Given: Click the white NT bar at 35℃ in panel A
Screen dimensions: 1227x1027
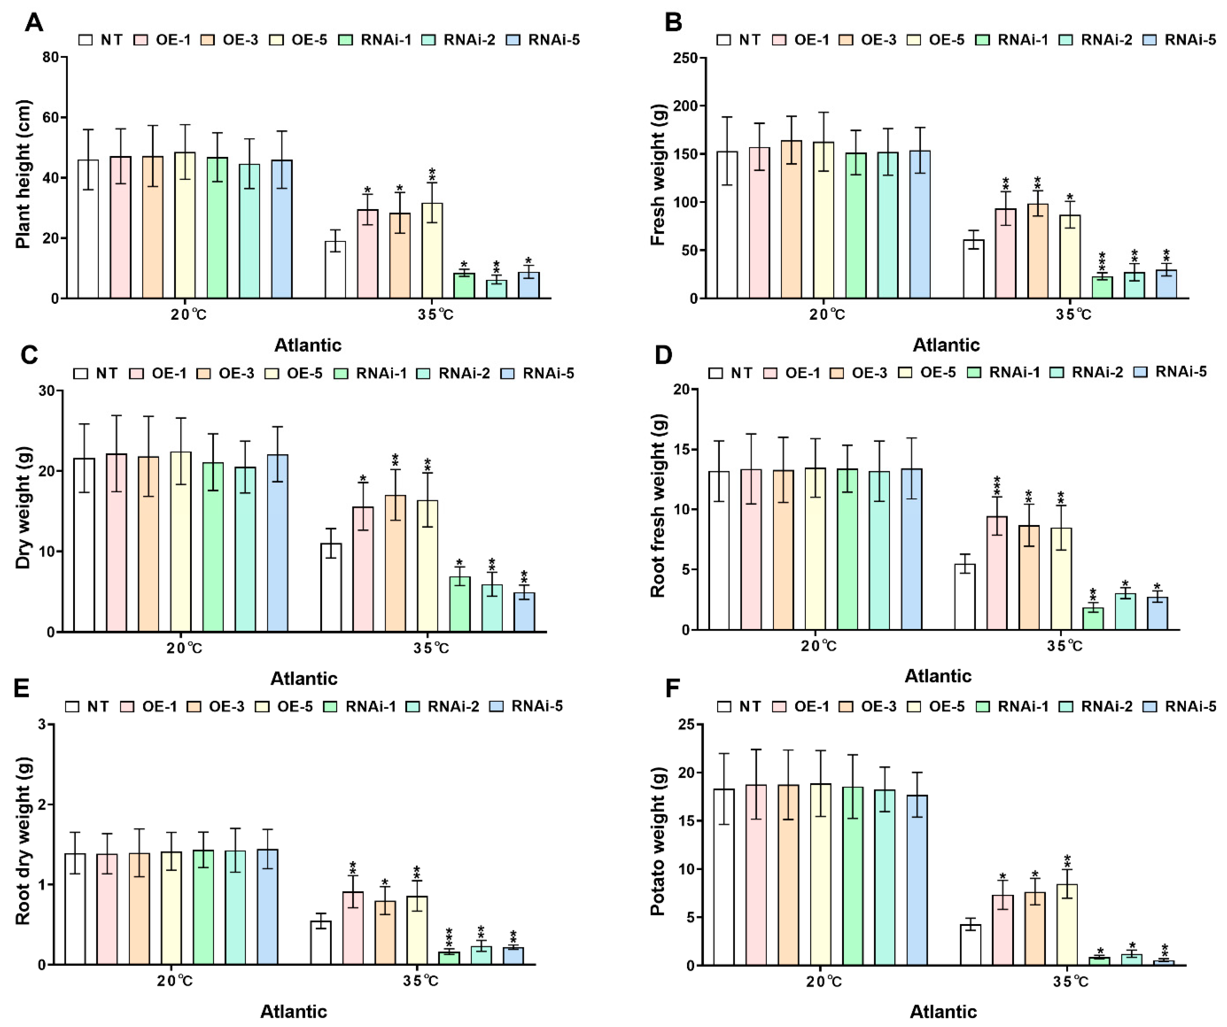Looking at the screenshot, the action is click(x=335, y=270).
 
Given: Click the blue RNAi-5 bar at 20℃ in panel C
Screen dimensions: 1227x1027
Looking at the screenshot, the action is click(x=277, y=543).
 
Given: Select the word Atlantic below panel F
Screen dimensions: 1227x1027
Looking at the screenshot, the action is click(x=944, y=1011).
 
